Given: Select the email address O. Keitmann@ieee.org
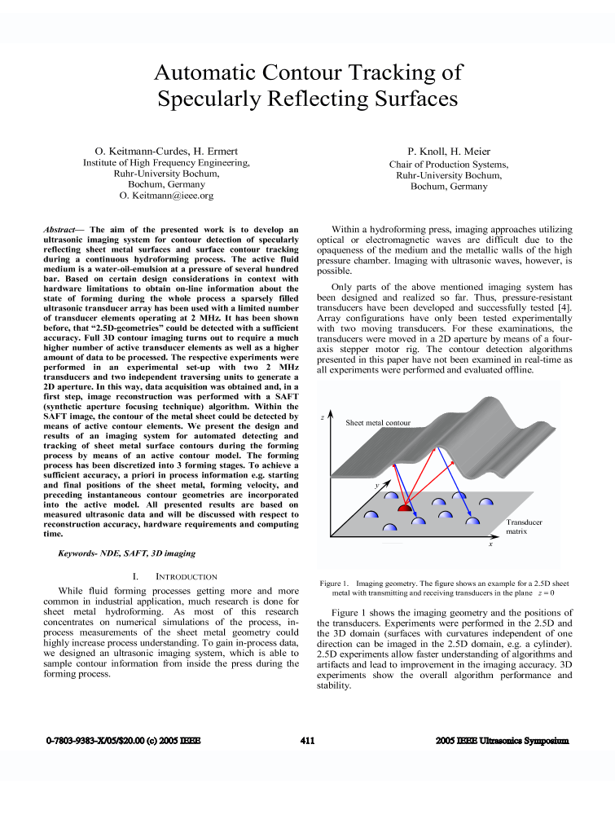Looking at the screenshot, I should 166,196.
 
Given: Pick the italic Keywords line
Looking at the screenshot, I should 126,553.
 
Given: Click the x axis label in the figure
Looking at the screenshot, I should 490,544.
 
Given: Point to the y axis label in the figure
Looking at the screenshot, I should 377,484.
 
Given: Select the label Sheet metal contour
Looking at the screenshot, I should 378,423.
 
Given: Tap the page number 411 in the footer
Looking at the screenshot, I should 307,741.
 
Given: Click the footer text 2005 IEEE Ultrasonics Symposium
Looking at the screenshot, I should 502,741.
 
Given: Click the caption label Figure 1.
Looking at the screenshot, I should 334,584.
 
